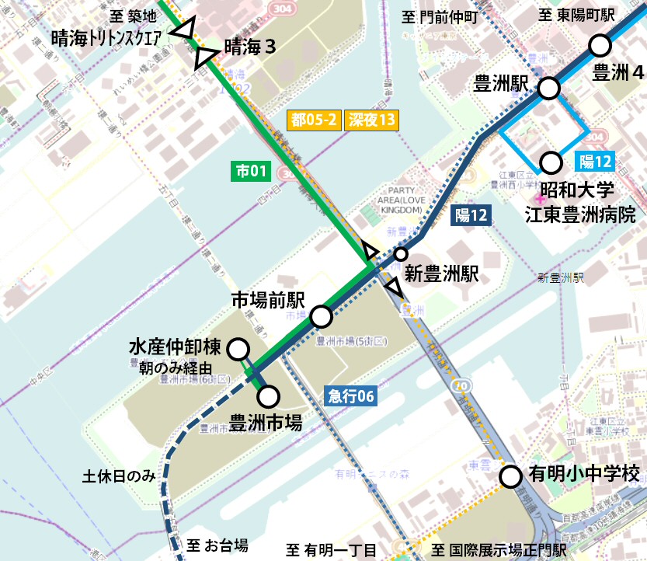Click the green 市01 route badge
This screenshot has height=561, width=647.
click(x=251, y=170)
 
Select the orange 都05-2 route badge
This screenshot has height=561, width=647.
click(x=313, y=120)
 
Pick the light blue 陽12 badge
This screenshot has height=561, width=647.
click(x=596, y=162)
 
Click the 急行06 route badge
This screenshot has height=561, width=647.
click(x=350, y=395)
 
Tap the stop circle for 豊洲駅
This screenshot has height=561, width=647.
click(x=549, y=89)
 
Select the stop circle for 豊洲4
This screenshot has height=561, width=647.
click(x=600, y=46)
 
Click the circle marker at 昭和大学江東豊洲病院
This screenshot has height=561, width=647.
click(x=551, y=162)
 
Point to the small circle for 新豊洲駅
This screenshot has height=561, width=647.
click(x=401, y=254)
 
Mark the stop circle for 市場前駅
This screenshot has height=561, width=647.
click(x=321, y=317)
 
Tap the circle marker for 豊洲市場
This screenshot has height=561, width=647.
click(x=269, y=397)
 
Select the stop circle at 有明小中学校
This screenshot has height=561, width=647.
click(x=510, y=476)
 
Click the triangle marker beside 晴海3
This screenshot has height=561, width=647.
click(x=207, y=57)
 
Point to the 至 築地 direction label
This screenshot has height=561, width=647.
click(x=134, y=16)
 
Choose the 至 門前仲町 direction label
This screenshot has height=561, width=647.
click(x=440, y=16)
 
